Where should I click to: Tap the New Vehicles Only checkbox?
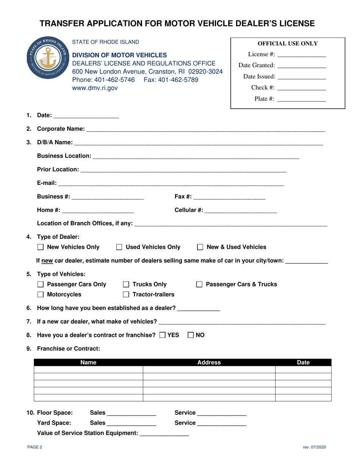(41, 247)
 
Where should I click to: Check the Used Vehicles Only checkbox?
(119, 247)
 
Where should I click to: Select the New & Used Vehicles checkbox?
(200, 247)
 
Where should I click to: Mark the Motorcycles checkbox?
(41, 295)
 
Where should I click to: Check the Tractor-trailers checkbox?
(126, 295)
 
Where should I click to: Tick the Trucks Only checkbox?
(126, 285)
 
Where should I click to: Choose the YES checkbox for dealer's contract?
(163, 335)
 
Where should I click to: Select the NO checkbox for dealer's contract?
(191, 335)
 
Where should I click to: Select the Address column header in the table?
(209, 363)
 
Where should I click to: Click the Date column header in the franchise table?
(303, 363)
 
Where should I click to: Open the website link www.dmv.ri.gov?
(95, 88)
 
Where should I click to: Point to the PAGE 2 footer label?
(35, 447)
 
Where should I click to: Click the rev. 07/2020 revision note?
(314, 447)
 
